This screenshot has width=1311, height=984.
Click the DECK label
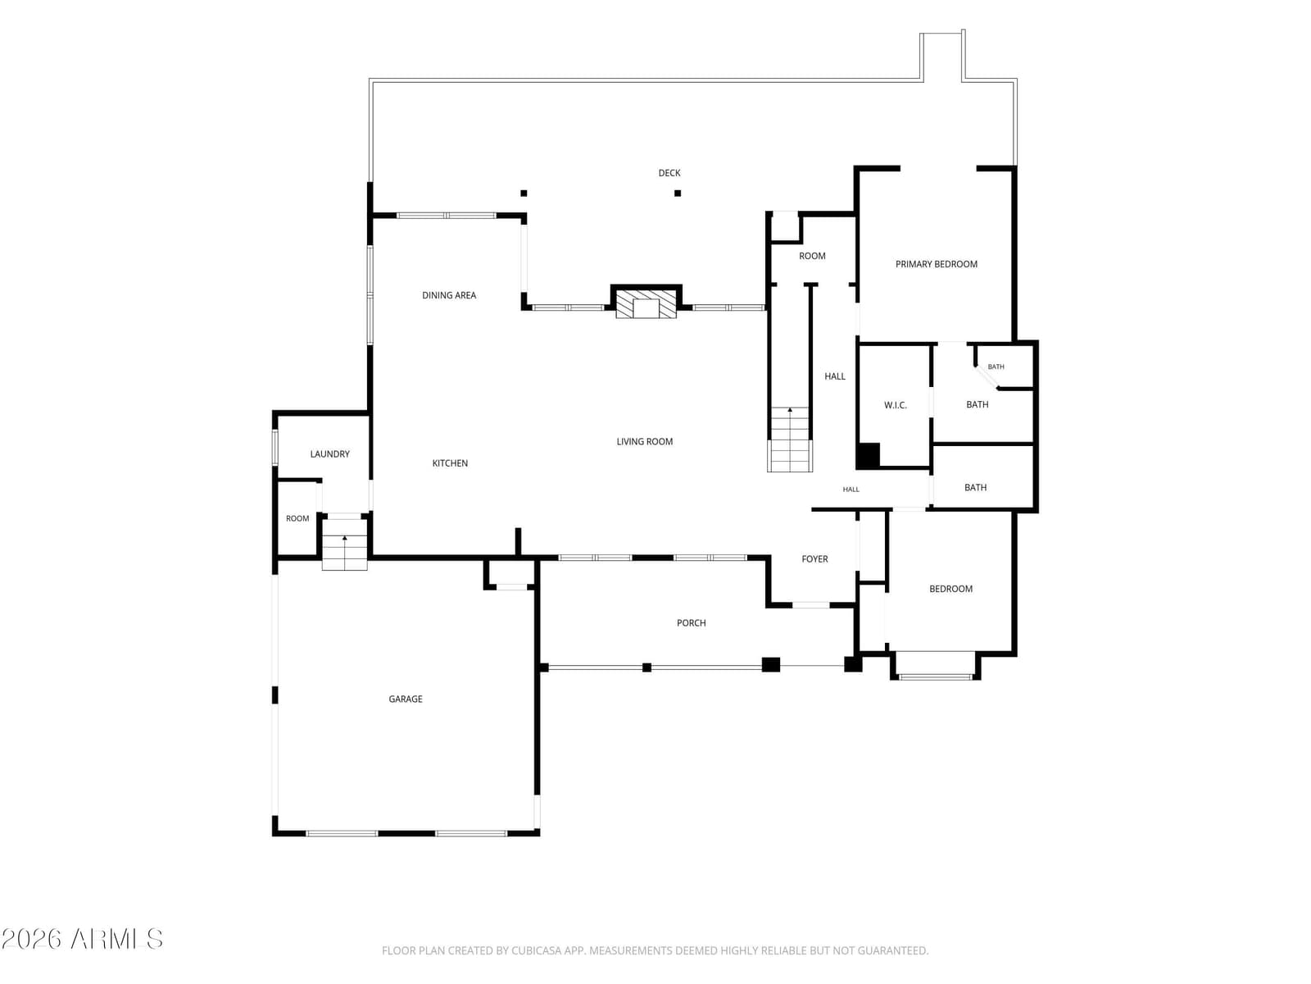(x=669, y=173)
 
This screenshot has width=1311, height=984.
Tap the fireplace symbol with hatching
(x=646, y=304)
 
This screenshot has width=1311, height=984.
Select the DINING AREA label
(x=448, y=295)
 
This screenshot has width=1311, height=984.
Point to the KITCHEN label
(x=450, y=463)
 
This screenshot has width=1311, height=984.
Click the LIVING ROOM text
(x=645, y=441)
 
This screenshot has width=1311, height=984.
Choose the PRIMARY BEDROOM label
(x=936, y=264)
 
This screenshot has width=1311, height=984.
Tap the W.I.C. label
(x=896, y=405)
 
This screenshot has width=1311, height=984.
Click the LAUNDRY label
(x=329, y=454)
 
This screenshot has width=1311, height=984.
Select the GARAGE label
(x=406, y=699)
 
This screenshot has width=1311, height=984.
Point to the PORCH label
(x=691, y=622)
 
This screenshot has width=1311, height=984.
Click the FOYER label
(x=814, y=558)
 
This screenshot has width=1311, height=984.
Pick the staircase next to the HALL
(x=790, y=440)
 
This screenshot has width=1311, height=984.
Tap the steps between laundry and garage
(x=345, y=544)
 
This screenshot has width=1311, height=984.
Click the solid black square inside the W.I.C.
(x=868, y=455)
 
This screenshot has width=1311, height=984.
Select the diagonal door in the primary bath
(x=986, y=377)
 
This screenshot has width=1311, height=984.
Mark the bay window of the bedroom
(x=936, y=666)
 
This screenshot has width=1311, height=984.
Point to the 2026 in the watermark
(x=32, y=940)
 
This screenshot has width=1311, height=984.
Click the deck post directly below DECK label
(x=678, y=193)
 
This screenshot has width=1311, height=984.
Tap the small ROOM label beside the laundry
(x=297, y=518)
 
